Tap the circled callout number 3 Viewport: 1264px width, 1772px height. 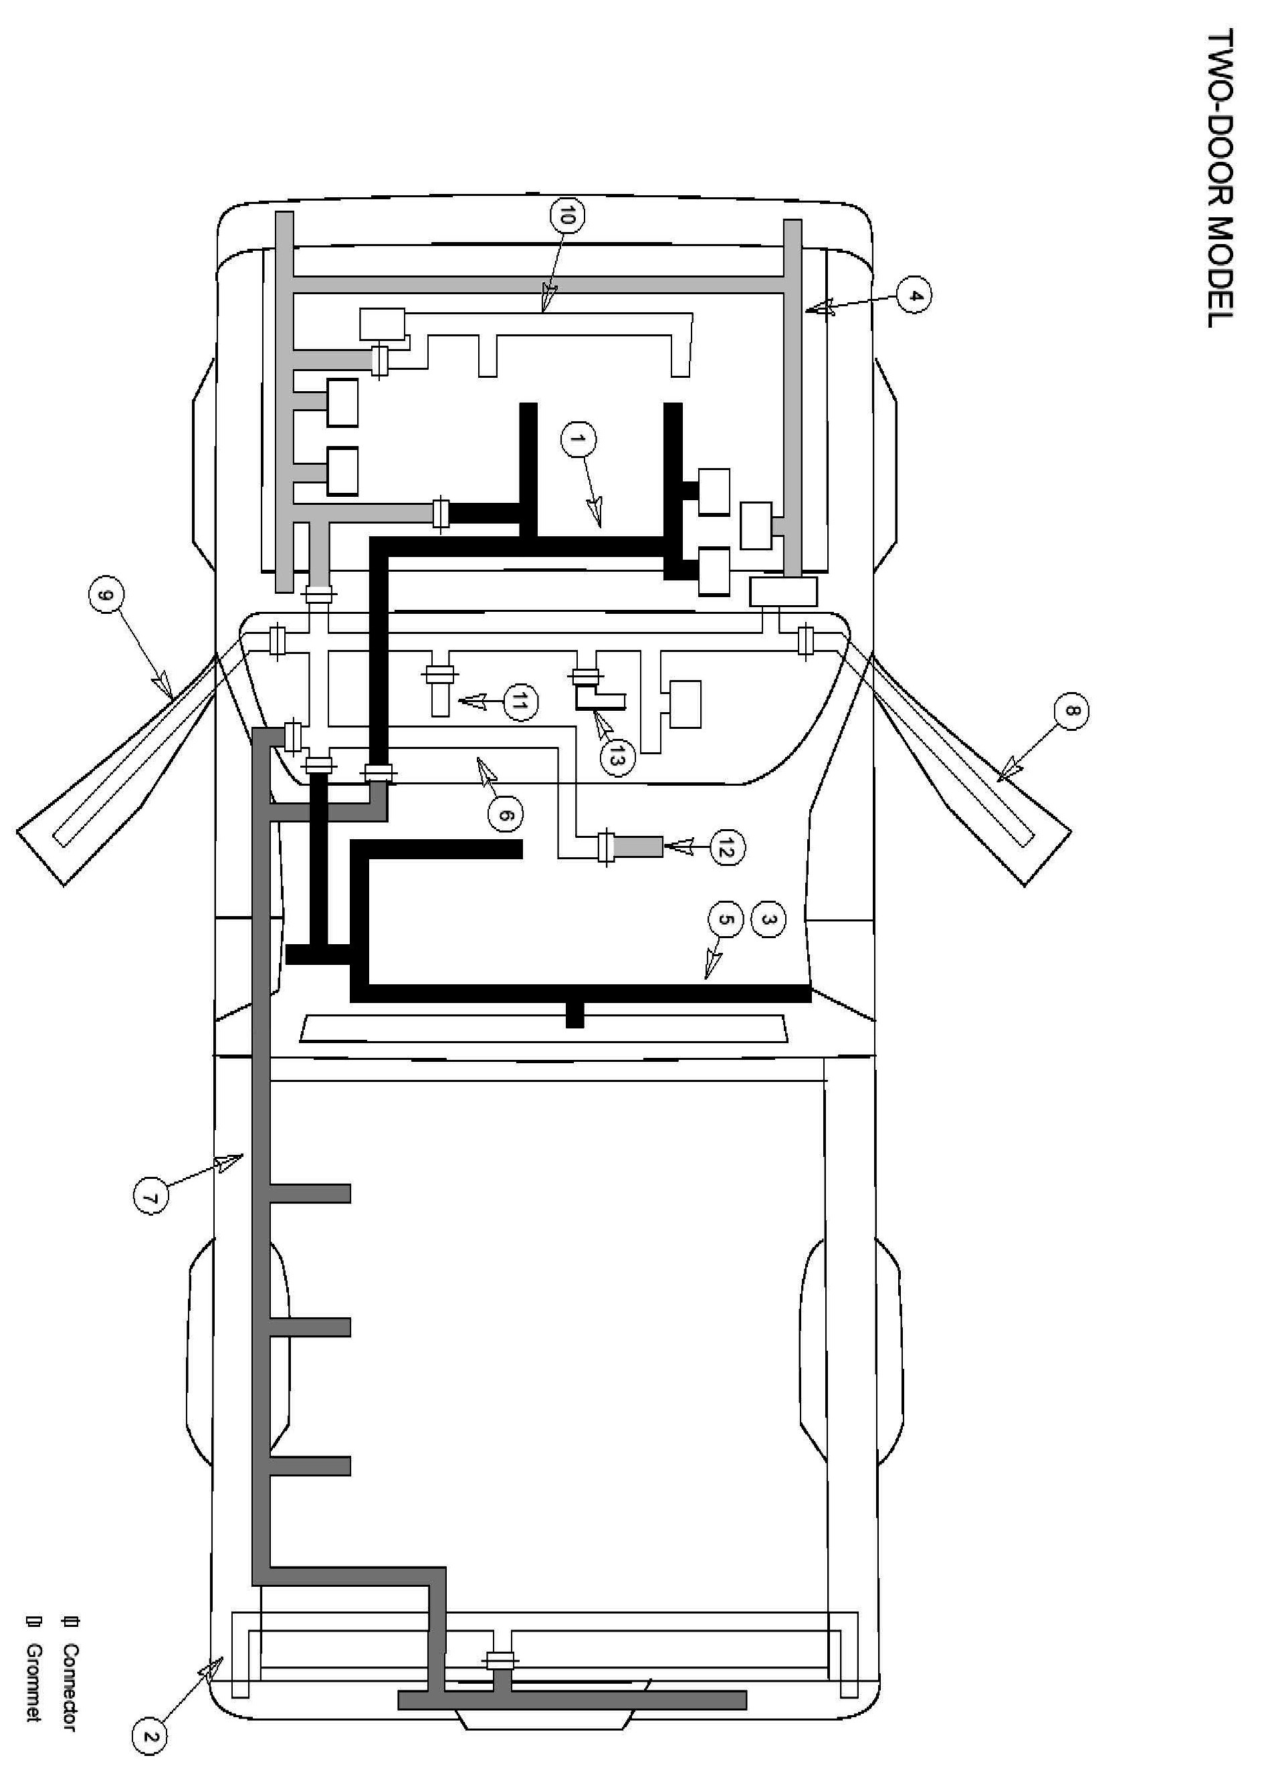pos(768,919)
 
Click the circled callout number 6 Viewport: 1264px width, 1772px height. pos(505,815)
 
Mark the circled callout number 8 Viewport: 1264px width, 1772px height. pos(1071,711)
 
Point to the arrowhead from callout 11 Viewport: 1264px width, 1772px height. pos(471,702)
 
